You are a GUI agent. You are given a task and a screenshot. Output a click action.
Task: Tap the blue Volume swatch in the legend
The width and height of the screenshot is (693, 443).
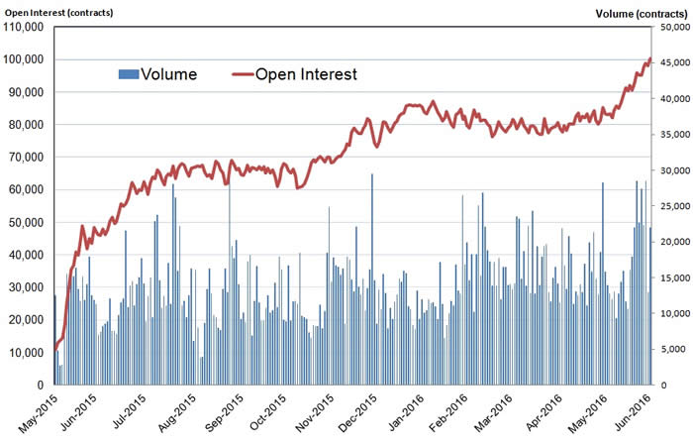(127, 74)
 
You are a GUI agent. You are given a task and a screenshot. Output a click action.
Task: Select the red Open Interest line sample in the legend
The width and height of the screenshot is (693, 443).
(242, 74)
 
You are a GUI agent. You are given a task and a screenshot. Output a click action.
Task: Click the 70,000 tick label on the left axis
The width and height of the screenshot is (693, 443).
(27, 157)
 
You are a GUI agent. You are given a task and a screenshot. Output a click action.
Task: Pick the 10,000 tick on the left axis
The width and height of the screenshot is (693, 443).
(27, 352)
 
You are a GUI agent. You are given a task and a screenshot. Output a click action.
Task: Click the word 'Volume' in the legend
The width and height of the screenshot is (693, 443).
(168, 74)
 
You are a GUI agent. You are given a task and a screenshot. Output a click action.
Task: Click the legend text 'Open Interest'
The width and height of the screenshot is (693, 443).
(306, 74)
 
